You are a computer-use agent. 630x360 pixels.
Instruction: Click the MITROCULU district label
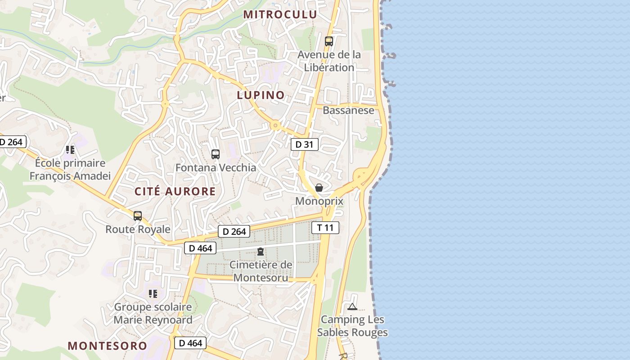280,14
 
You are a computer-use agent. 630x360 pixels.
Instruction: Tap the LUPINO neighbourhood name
261,95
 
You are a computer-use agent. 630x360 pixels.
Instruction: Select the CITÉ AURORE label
175,191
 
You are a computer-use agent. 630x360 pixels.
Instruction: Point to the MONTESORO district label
107,346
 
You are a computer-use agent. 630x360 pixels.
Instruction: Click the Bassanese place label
348,110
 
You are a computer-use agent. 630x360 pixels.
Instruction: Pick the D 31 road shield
305,144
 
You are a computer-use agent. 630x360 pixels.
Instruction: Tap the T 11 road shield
325,227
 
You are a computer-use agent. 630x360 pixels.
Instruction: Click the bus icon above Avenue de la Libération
329,41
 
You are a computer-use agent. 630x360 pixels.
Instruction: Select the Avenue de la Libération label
329,61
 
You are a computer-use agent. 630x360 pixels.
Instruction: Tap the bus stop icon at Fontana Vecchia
216,154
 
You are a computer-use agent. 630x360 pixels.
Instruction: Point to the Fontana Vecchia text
216,168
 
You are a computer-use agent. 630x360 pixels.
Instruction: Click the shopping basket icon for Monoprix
319,188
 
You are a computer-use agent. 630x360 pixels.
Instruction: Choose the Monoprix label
319,201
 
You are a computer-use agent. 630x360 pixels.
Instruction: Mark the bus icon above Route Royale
138,216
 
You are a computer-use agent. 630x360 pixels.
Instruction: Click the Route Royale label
138,229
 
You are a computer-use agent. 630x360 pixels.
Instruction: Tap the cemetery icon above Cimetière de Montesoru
261,252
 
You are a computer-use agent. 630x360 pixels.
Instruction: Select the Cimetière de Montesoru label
261,271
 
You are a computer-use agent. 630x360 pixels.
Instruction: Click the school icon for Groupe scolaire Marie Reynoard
153,294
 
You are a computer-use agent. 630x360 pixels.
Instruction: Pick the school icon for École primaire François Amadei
70,149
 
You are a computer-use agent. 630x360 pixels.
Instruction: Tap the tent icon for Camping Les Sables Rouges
352,307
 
